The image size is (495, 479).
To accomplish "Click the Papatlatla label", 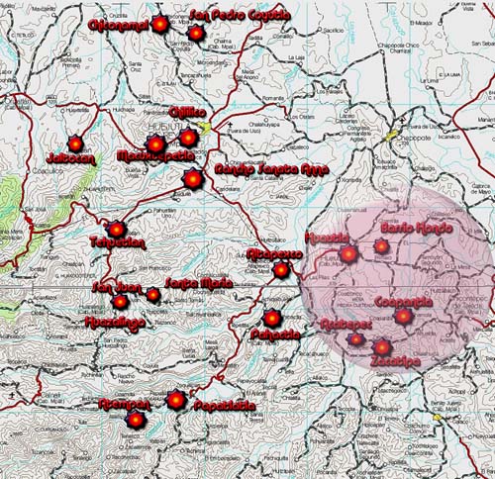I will (223, 406).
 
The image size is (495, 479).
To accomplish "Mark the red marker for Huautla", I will (346, 255).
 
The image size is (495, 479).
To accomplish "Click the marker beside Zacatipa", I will (382, 348).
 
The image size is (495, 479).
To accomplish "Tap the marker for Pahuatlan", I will (272, 318).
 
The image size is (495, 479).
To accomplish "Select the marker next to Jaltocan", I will (75, 144).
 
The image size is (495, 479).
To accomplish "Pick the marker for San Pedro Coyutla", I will (196, 34).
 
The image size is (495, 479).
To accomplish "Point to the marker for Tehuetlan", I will (117, 230).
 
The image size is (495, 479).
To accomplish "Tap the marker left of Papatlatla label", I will (176, 400).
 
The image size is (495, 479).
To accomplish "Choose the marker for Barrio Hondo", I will (381, 246).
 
